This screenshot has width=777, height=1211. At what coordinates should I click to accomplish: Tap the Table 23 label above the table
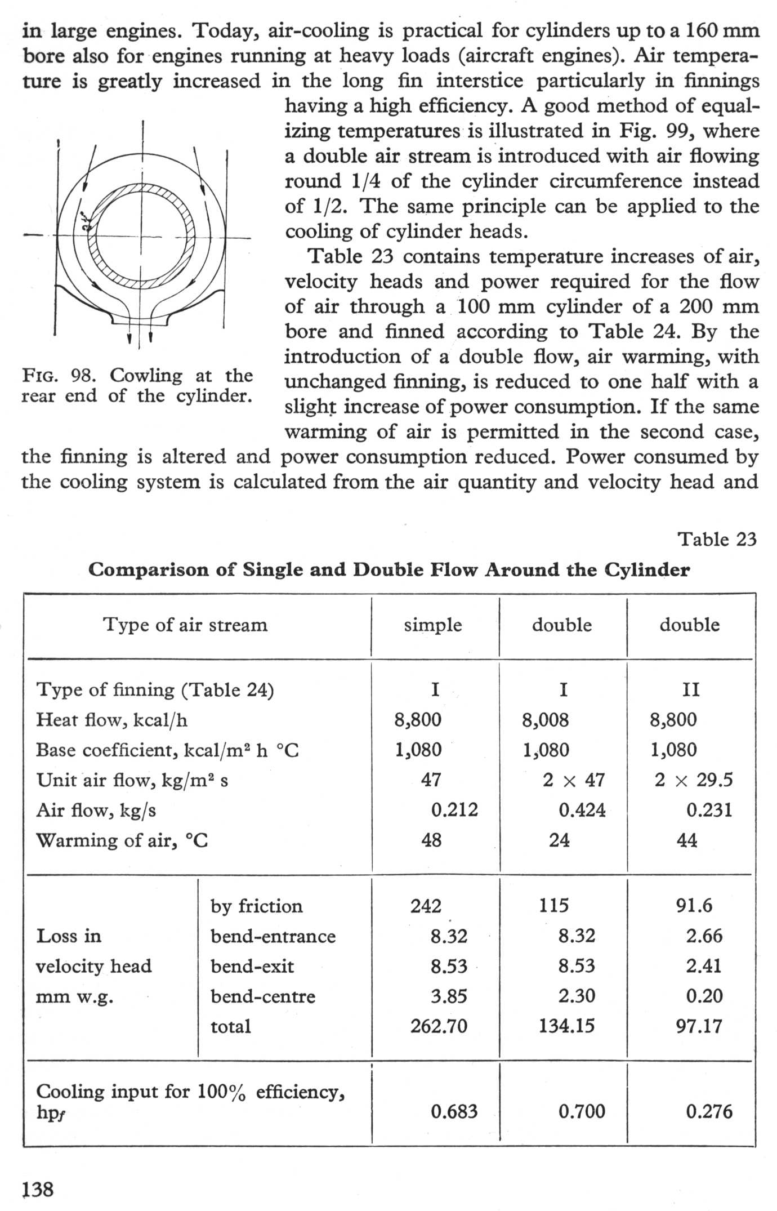[x=717, y=539]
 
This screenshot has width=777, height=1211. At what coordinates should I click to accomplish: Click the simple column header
[x=432, y=625]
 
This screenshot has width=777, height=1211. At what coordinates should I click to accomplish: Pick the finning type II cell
[x=690, y=689]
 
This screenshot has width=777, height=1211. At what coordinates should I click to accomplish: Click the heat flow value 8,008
[x=545, y=719]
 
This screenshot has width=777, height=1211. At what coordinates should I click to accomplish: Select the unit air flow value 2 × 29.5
[x=694, y=780]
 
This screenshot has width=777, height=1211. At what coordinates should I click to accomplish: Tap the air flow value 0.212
[x=454, y=810]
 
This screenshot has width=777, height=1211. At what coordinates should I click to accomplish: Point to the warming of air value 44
[x=687, y=840]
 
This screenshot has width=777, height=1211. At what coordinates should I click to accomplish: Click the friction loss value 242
[x=426, y=906]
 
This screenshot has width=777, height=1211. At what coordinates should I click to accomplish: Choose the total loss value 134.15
[x=566, y=1026]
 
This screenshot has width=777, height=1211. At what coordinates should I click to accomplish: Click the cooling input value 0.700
[x=582, y=1111]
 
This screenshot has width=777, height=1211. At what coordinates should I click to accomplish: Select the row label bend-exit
[x=252, y=967]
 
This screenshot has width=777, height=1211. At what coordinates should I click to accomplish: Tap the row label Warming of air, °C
[x=122, y=840]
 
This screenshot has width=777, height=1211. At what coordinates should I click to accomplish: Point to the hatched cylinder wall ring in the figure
[x=145, y=192]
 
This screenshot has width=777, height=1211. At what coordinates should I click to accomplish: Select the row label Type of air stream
[x=185, y=625]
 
